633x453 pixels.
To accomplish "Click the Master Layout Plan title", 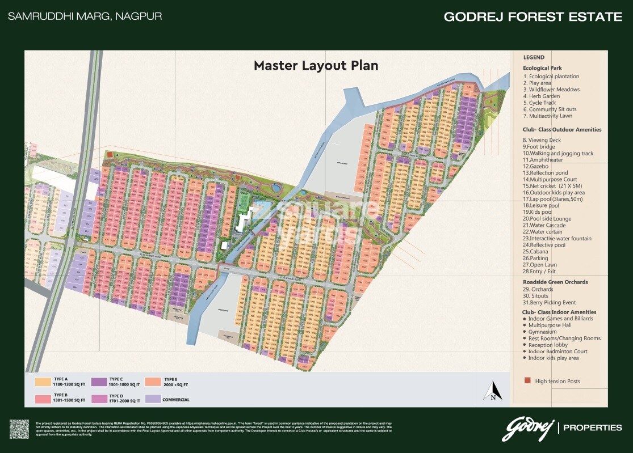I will [x=316, y=65].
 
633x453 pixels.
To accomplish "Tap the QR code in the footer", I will [x=19, y=429].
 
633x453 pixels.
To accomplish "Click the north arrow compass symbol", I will [x=492, y=391].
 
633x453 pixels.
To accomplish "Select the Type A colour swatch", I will [x=43, y=382].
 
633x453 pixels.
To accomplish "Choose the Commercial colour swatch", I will [x=154, y=399].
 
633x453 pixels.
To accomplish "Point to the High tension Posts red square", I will [x=527, y=381].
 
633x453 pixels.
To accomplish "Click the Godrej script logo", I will [x=527, y=428].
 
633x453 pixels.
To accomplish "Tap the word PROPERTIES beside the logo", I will [x=592, y=427].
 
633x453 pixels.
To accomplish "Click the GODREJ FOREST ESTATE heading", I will [x=533, y=16].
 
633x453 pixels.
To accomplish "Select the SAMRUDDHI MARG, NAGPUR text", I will [x=85, y=16].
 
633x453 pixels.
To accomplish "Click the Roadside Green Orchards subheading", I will [x=555, y=282].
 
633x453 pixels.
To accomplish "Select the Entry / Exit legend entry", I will [x=544, y=272].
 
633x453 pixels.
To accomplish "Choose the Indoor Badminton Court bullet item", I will [x=557, y=352].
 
